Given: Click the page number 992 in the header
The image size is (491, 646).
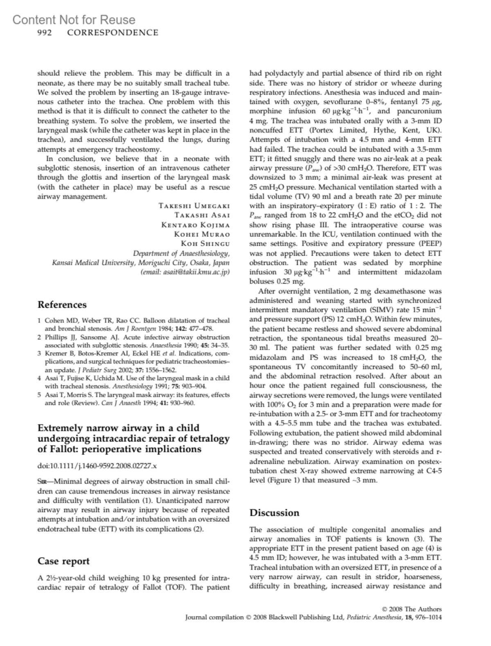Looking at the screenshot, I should pos(44,33).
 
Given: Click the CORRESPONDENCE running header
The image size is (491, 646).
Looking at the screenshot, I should pos(113,33).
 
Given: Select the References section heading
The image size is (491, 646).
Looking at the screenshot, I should pos(62,305).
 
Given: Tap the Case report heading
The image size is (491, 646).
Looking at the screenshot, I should pos(63,561).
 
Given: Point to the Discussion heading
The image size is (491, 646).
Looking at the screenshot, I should pos(275,513).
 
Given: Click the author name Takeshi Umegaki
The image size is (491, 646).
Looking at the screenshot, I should pos(194,206).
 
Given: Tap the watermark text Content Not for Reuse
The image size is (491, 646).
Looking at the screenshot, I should pos(74,20).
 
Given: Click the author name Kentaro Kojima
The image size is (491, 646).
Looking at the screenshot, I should pos(196,225).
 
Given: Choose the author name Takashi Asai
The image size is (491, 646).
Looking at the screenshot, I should pos(202,215).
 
